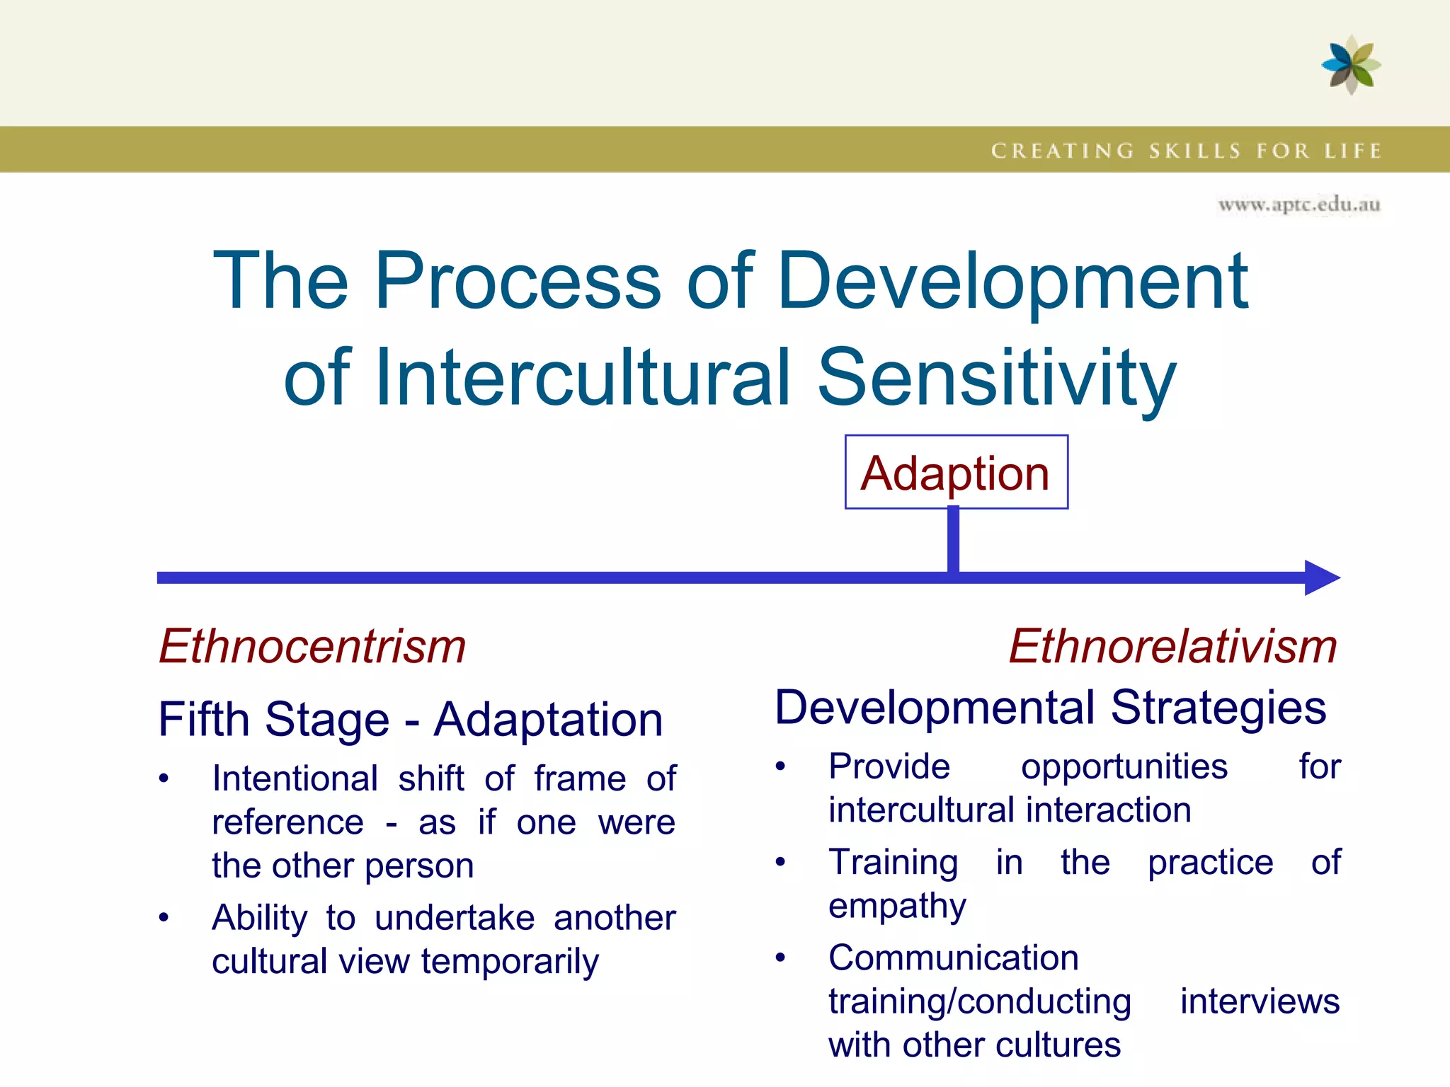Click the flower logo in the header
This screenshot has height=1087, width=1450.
pyautogui.click(x=1351, y=65)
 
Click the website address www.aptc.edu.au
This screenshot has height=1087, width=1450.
pyautogui.click(x=1298, y=205)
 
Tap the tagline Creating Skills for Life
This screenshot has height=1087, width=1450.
pyautogui.click(x=1186, y=151)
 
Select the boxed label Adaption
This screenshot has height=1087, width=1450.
pyautogui.click(x=956, y=473)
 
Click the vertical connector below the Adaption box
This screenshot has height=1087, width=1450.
pyautogui.click(x=954, y=539)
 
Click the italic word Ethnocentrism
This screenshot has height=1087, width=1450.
pyautogui.click(x=312, y=646)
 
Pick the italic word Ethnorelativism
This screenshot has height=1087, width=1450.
pyautogui.click(x=1172, y=646)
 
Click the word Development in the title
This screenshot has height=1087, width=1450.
pyautogui.click(x=1012, y=281)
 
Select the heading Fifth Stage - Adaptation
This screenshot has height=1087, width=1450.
pyautogui.click(x=411, y=720)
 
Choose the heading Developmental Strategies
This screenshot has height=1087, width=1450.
pyautogui.click(x=1050, y=707)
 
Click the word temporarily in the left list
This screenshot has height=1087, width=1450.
pyautogui.click(x=510, y=962)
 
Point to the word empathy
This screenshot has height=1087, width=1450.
pyautogui.click(x=897, y=907)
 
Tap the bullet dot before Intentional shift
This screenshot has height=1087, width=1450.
pyautogui.click(x=164, y=778)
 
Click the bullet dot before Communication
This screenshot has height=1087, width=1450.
pyautogui.click(x=780, y=957)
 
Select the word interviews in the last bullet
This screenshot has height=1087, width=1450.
pyautogui.click(x=1260, y=1001)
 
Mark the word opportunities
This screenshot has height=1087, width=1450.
pyautogui.click(x=1124, y=767)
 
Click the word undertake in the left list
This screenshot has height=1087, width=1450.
pyautogui.click(x=455, y=918)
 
